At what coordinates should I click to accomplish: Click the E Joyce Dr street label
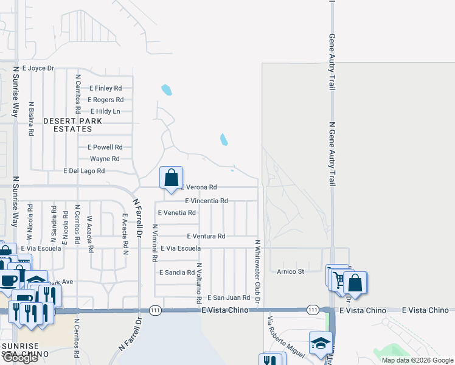[x=38, y=69]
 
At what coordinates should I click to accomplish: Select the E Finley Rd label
[x=105, y=88]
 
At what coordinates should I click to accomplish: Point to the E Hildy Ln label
[x=105, y=111]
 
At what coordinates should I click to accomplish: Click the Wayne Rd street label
[x=100, y=159]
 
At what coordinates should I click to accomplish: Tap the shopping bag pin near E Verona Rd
[x=172, y=179]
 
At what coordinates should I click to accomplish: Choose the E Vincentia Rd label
[x=206, y=201]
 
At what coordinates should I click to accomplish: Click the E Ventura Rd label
[x=206, y=236]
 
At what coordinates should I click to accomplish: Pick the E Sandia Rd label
[x=176, y=273]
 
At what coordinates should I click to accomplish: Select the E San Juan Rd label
[x=229, y=297]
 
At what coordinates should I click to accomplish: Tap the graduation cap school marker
[x=321, y=344]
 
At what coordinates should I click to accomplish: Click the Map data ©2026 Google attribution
[x=417, y=360]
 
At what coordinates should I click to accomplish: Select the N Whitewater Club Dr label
[x=257, y=273]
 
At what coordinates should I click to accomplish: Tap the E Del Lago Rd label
[x=84, y=172]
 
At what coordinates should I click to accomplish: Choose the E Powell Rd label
[x=105, y=147]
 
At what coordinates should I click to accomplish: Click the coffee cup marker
[x=9, y=280]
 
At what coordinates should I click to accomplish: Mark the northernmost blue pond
[x=166, y=91]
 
